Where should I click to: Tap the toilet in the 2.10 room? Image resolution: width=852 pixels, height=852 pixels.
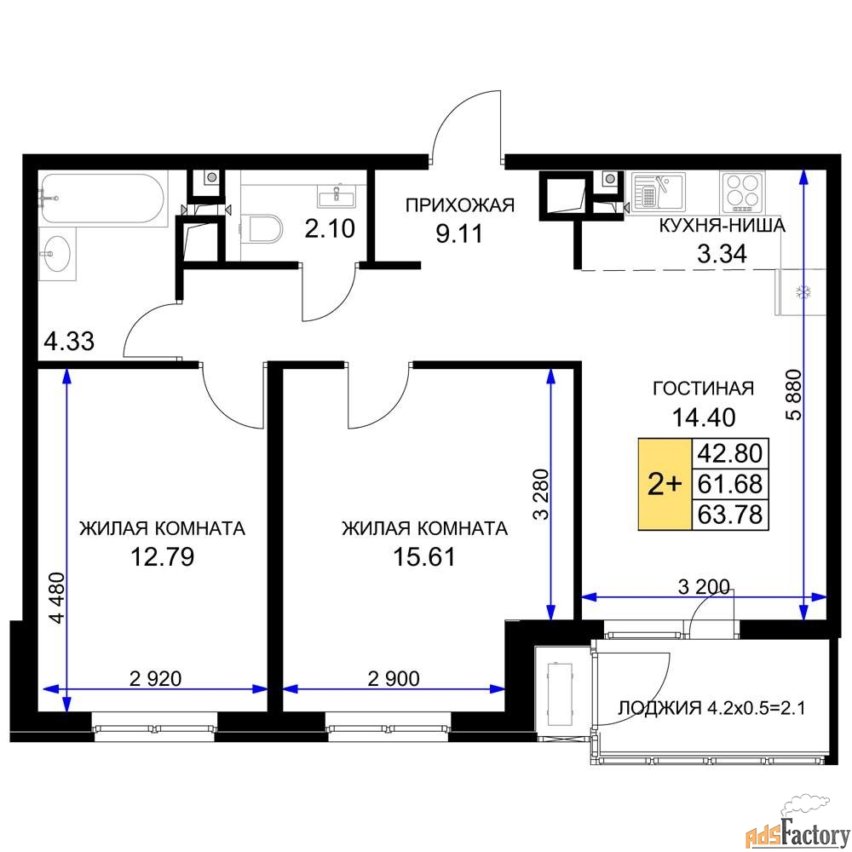click(x=267, y=229)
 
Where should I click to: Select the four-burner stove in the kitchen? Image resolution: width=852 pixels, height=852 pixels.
click(x=741, y=192)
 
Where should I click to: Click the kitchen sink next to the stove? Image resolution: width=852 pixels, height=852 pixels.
click(x=658, y=192)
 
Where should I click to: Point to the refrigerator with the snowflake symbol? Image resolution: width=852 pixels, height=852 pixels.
click(x=801, y=292)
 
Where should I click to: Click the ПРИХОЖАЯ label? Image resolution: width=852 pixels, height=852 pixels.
click(x=460, y=204)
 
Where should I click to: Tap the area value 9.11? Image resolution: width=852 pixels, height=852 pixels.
click(x=459, y=233)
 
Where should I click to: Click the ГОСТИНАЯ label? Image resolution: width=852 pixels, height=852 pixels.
click(x=703, y=389)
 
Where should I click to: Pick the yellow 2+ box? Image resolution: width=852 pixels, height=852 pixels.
click(x=665, y=484)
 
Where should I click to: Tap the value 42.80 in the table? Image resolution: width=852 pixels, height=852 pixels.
click(x=730, y=452)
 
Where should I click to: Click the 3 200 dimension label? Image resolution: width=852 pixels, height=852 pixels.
click(x=704, y=586)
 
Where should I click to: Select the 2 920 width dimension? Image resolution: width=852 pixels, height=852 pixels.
click(x=156, y=678)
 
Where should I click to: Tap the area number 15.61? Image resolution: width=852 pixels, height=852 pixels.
click(x=424, y=557)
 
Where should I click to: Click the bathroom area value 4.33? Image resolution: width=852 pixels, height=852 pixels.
click(x=69, y=343)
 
